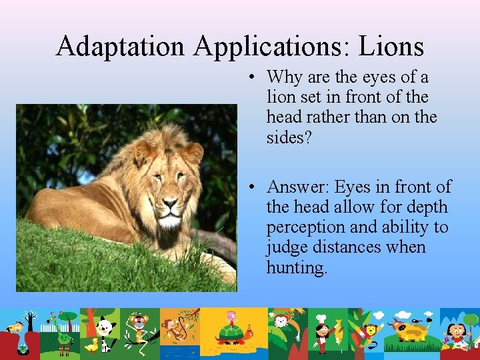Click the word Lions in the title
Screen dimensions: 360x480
tap(391, 46)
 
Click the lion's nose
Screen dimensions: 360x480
tap(171, 203)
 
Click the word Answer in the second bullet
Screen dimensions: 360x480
tap(298, 187)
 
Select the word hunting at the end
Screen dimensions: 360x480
tap(297, 267)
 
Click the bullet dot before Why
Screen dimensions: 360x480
tap(253, 78)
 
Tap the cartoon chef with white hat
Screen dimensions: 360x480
tap(322, 330)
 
